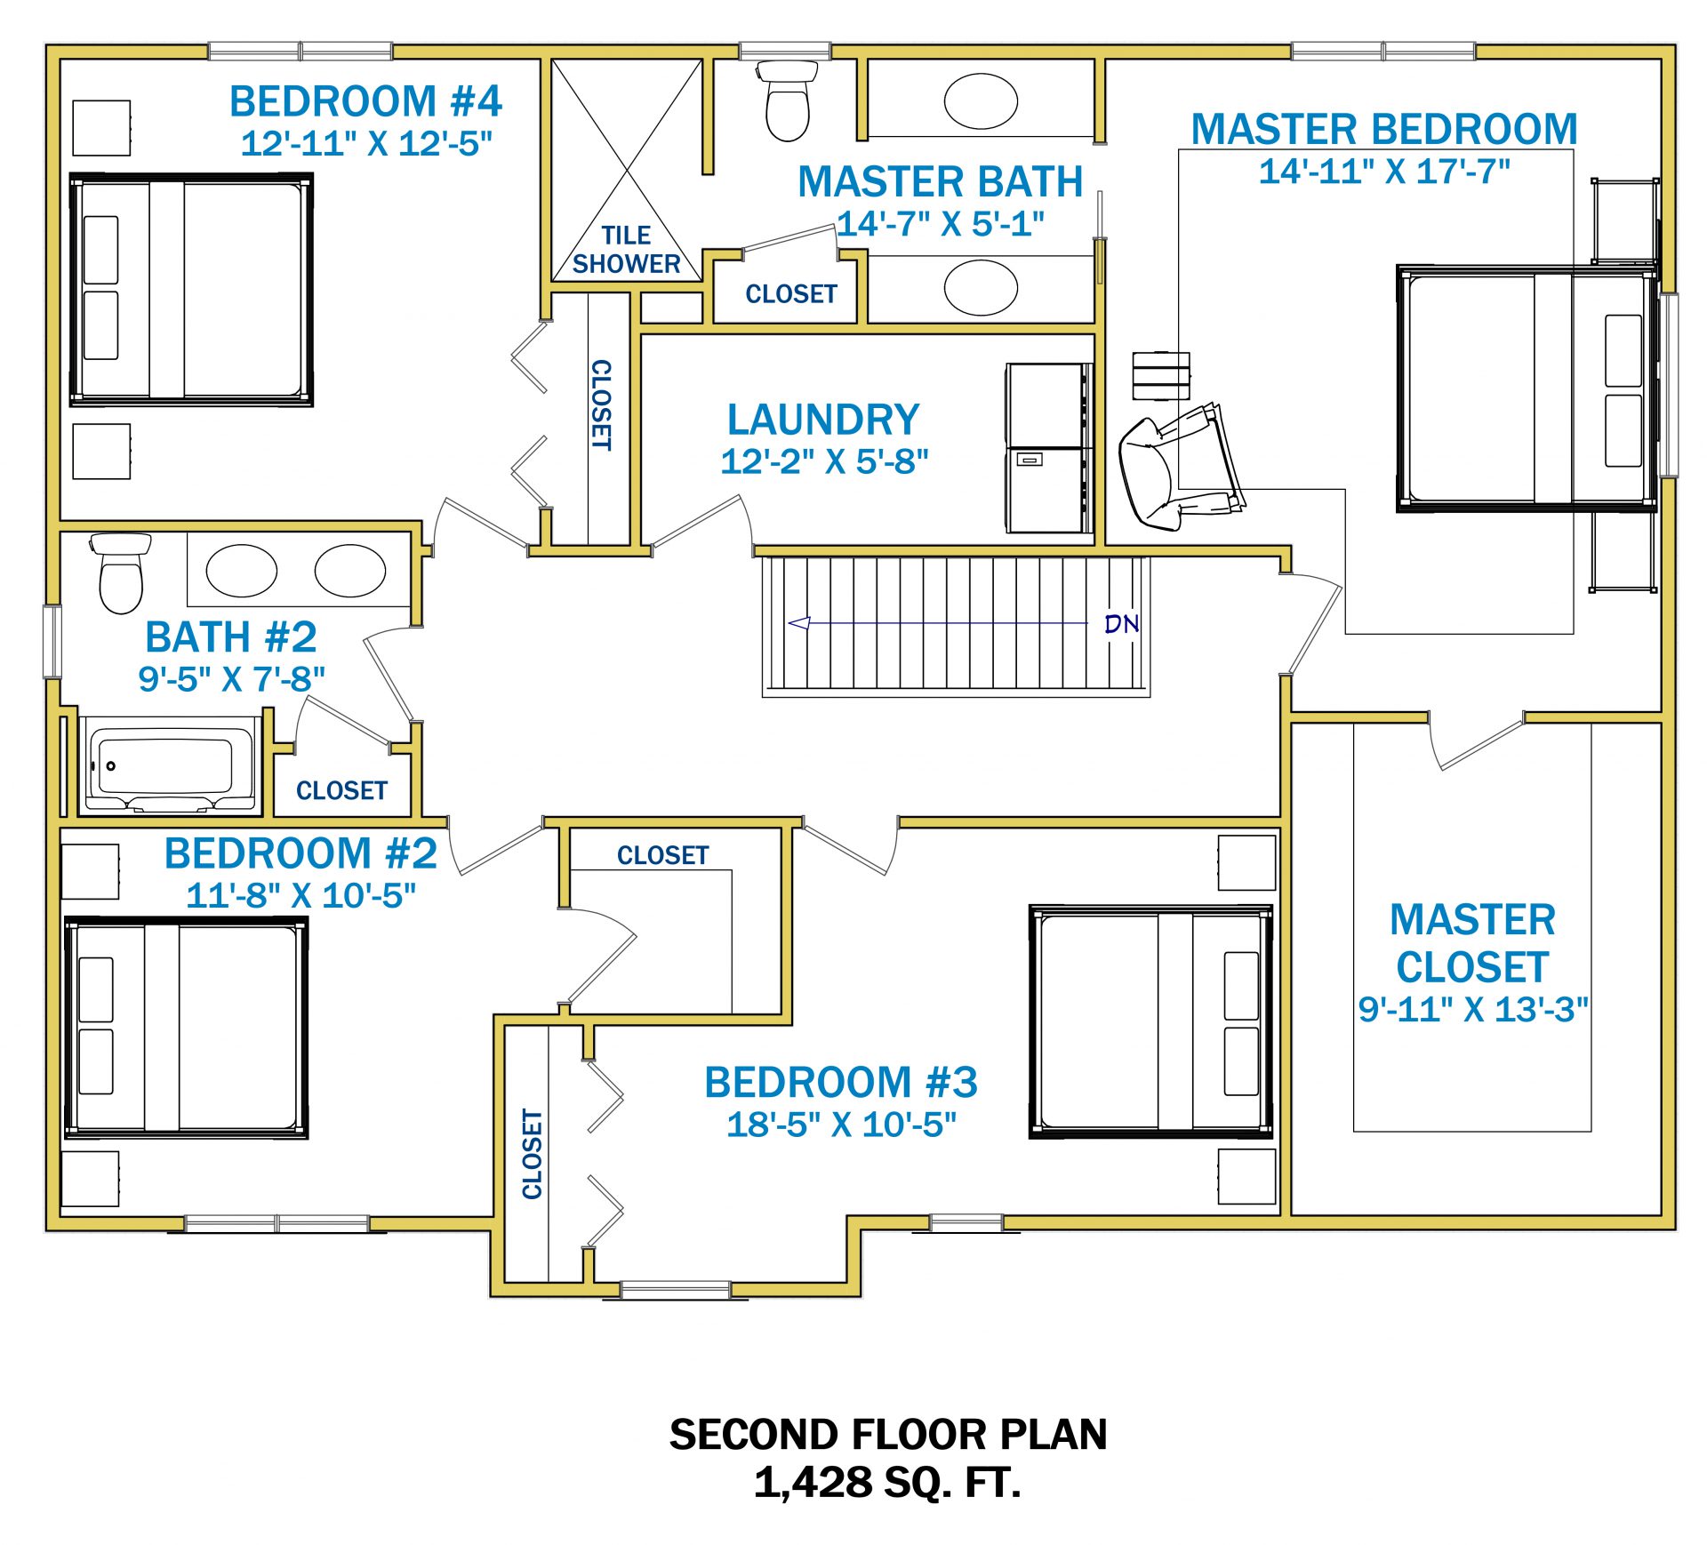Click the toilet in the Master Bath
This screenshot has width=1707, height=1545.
pyautogui.click(x=787, y=100)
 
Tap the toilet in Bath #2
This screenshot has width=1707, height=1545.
pyautogui.click(x=121, y=573)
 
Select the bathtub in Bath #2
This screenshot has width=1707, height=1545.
pyautogui.click(x=166, y=765)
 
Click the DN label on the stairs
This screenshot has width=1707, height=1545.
pyautogui.click(x=1122, y=624)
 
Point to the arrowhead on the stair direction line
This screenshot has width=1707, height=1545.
pyautogui.click(x=798, y=623)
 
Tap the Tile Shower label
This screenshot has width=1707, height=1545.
pyautogui.click(x=626, y=250)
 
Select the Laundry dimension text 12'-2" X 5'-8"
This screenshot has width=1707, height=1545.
pyautogui.click(x=824, y=461)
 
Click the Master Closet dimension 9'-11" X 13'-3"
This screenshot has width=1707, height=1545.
pyautogui.click(x=1473, y=1009)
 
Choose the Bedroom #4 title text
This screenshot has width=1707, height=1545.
pyautogui.click(x=365, y=101)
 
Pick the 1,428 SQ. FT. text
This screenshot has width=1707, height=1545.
pyautogui.click(x=887, y=1482)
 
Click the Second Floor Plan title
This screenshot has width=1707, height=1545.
pyautogui.click(x=888, y=1434)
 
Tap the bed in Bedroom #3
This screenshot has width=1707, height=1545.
pyautogui.click(x=1151, y=1021)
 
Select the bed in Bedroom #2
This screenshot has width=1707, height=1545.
pyautogui.click(x=186, y=1028)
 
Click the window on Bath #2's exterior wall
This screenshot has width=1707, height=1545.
pyautogui.click(x=52, y=642)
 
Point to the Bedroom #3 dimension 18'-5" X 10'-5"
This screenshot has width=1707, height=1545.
pyautogui.click(x=841, y=1125)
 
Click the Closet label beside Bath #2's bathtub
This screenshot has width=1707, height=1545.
pyautogui.click(x=341, y=790)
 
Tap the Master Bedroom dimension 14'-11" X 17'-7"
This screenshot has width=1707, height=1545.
pyautogui.click(x=1384, y=172)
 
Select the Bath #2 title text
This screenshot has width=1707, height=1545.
pyautogui.click(x=231, y=637)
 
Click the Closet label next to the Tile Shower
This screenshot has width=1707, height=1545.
pyautogui.click(x=791, y=293)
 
